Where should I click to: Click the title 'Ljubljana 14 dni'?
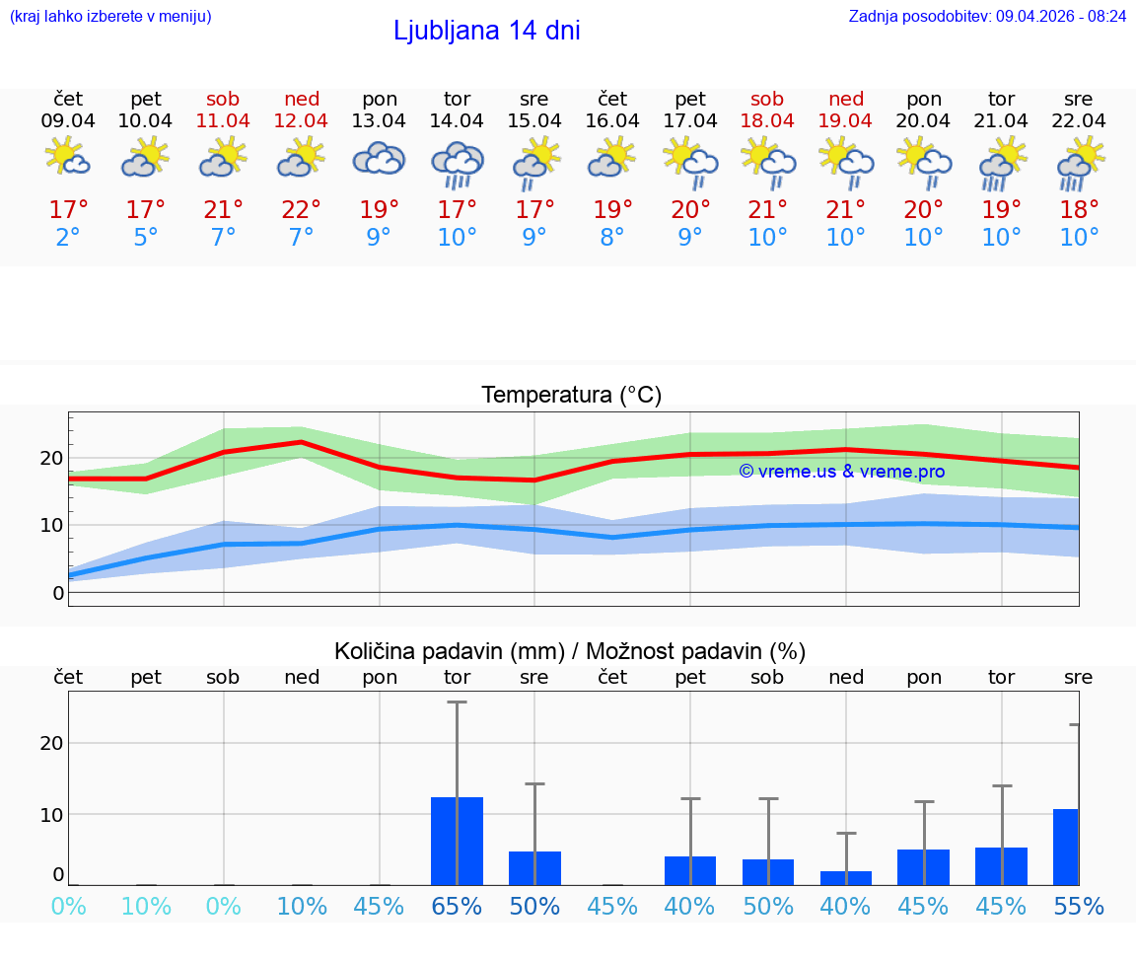tap(486, 31)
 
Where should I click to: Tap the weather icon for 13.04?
tap(380, 159)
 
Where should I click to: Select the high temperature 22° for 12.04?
tap(301, 210)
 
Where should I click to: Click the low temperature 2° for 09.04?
tap(68, 238)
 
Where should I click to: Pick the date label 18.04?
tap(767, 121)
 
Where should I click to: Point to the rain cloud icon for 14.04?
tap(457, 163)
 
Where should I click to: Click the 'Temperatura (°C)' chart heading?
tap(571, 396)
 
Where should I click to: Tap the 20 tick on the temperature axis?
tap(51, 458)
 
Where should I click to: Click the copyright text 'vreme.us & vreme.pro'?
tap(842, 472)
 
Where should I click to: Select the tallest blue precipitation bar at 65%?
tap(457, 841)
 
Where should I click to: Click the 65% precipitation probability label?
tap(457, 906)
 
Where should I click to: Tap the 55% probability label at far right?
tap(1079, 906)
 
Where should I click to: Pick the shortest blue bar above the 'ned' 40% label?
tap(846, 878)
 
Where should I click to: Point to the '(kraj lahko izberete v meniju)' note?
tap(109, 17)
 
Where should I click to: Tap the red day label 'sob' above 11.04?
tap(223, 99)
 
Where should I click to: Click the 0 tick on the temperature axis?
tap(58, 593)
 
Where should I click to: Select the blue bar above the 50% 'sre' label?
tap(534, 868)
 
